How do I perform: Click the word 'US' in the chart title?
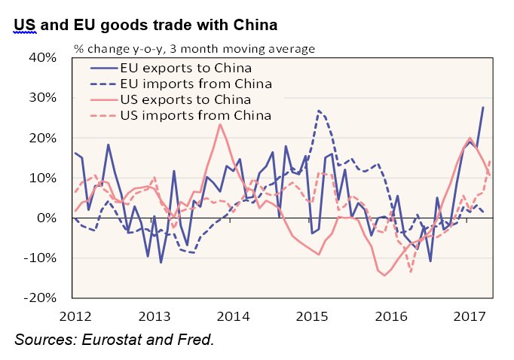(x=24, y=25)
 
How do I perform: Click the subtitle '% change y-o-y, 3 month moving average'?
(x=194, y=49)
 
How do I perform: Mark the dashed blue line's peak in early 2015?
(x=320, y=111)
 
